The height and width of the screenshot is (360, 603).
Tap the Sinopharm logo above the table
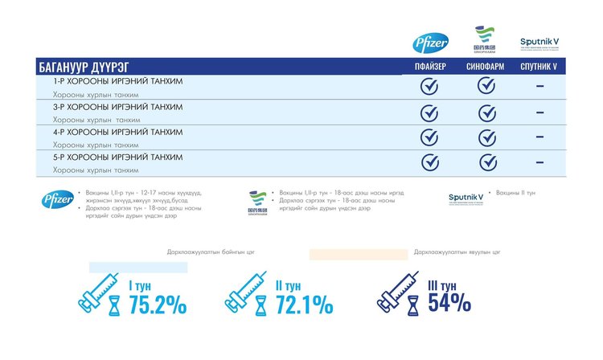(x=485, y=40)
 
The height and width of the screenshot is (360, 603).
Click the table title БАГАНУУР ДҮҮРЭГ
(x=84, y=67)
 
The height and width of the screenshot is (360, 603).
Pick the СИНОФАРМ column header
(x=486, y=67)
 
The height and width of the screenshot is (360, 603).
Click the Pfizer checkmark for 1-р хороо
(x=430, y=86)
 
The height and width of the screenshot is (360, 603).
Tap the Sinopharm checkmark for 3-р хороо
(x=487, y=112)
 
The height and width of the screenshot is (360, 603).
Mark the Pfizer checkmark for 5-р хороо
(x=430, y=162)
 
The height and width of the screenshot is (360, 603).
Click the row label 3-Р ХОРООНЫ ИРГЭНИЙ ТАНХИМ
(x=117, y=107)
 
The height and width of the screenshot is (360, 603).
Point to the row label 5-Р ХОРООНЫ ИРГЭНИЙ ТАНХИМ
(x=117, y=157)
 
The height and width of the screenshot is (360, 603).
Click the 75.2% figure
(x=158, y=305)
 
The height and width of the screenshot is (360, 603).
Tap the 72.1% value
(x=303, y=305)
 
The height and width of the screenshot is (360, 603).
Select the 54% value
(x=449, y=303)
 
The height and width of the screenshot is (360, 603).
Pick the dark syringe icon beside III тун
(x=400, y=293)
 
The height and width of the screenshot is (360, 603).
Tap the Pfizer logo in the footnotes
(x=58, y=200)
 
